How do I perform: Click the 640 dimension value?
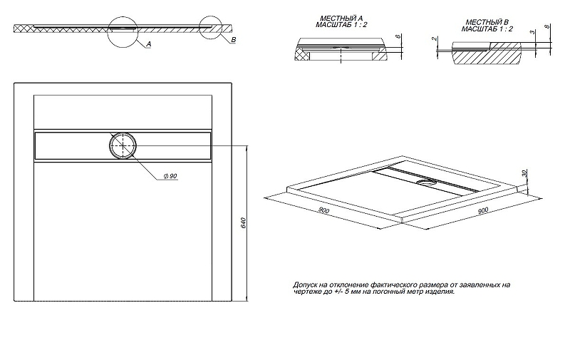coord(244,223)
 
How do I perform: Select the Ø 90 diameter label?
coord(170,176)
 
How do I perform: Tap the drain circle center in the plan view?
coord(123,145)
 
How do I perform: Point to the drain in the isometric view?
coord(426,182)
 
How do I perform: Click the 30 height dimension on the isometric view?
coord(524,173)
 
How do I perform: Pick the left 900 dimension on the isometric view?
coord(323,210)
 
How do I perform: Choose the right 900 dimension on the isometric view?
coord(483,210)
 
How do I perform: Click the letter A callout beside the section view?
coord(149,44)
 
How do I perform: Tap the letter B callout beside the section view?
coord(234,40)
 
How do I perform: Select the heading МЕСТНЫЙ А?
coord(341,19)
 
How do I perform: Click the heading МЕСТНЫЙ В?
coord(487,22)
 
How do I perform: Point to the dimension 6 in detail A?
coord(398,36)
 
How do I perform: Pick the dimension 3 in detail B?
coord(532,32)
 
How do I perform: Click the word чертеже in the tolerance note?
coord(306,292)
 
